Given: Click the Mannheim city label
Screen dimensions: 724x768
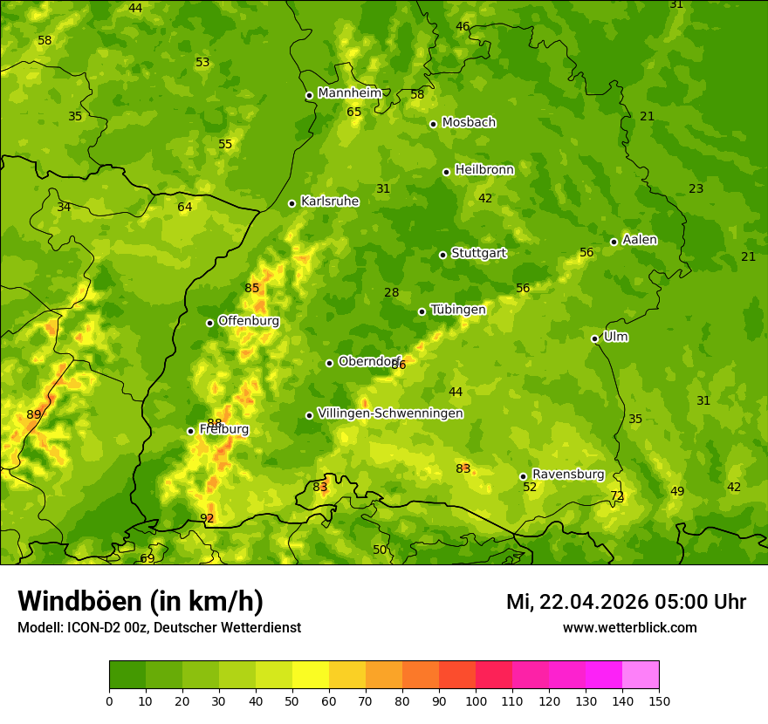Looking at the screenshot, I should (350, 93).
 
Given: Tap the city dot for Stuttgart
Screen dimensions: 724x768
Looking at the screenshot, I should (442, 255).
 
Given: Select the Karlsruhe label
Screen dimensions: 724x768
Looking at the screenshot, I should (330, 201).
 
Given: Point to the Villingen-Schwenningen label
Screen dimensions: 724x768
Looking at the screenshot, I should (390, 413).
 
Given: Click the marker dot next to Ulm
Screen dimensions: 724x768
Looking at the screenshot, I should (594, 338).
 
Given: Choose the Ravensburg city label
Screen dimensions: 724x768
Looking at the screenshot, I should (568, 475).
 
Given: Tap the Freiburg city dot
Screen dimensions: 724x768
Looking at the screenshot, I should (190, 431).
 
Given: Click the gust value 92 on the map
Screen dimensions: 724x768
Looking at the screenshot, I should (207, 519).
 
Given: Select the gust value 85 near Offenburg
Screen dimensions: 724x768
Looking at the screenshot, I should (252, 289).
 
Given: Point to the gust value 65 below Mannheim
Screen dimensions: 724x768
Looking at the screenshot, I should (353, 113).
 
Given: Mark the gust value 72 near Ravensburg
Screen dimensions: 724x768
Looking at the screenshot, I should (617, 496).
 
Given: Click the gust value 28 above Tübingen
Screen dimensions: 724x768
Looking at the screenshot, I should (391, 293).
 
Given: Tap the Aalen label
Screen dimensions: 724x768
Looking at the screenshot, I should (640, 240).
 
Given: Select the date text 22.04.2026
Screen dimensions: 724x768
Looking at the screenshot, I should (600, 602).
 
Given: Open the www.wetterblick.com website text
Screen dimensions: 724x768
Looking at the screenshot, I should (629, 627).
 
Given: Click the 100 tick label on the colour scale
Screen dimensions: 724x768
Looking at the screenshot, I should (476, 700).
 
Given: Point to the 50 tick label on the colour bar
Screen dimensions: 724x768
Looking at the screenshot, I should (292, 700).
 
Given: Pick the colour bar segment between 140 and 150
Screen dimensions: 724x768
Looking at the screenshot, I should (641, 675).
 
